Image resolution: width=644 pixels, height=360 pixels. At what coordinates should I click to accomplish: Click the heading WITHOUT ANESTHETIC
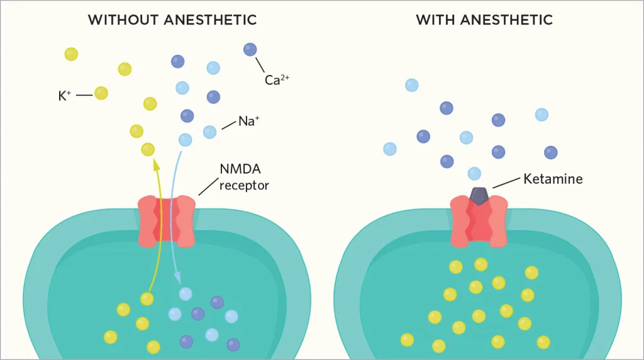point(172,20)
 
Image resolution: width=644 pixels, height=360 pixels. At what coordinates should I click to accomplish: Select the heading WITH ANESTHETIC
point(484,20)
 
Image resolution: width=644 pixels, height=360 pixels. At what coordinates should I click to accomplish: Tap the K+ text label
point(65,96)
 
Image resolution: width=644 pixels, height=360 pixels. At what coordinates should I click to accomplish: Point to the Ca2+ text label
point(277,81)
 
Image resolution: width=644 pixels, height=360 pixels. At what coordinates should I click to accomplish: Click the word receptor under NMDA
point(244,185)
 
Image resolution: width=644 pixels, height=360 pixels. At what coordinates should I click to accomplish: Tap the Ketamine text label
point(553,179)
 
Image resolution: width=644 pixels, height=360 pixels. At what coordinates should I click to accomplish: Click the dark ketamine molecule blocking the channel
point(479,196)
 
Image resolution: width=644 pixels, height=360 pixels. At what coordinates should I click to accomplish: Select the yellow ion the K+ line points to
point(101,93)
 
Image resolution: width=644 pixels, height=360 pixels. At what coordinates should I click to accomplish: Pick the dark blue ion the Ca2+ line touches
point(250,49)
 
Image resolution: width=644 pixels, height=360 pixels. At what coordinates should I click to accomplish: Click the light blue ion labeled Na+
point(210,132)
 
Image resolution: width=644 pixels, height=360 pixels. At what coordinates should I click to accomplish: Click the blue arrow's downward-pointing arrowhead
point(178,277)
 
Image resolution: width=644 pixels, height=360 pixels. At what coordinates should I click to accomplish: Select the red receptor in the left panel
point(167,221)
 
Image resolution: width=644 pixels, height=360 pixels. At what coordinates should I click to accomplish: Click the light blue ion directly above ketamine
point(475,173)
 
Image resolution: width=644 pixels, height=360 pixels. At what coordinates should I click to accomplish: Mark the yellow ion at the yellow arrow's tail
point(147,299)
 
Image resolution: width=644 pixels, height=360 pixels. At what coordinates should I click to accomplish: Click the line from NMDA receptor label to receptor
point(208,186)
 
